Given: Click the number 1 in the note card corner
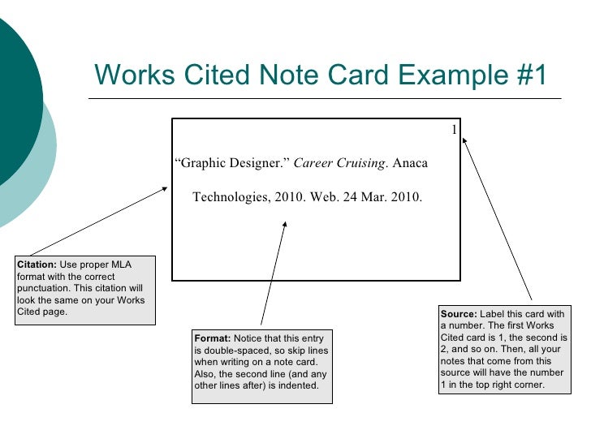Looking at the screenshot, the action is coord(455,131).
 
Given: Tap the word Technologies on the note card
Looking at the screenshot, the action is coord(230,197).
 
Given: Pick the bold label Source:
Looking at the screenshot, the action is coord(459,314).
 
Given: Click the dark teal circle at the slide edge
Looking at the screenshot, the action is coord(12,89).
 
